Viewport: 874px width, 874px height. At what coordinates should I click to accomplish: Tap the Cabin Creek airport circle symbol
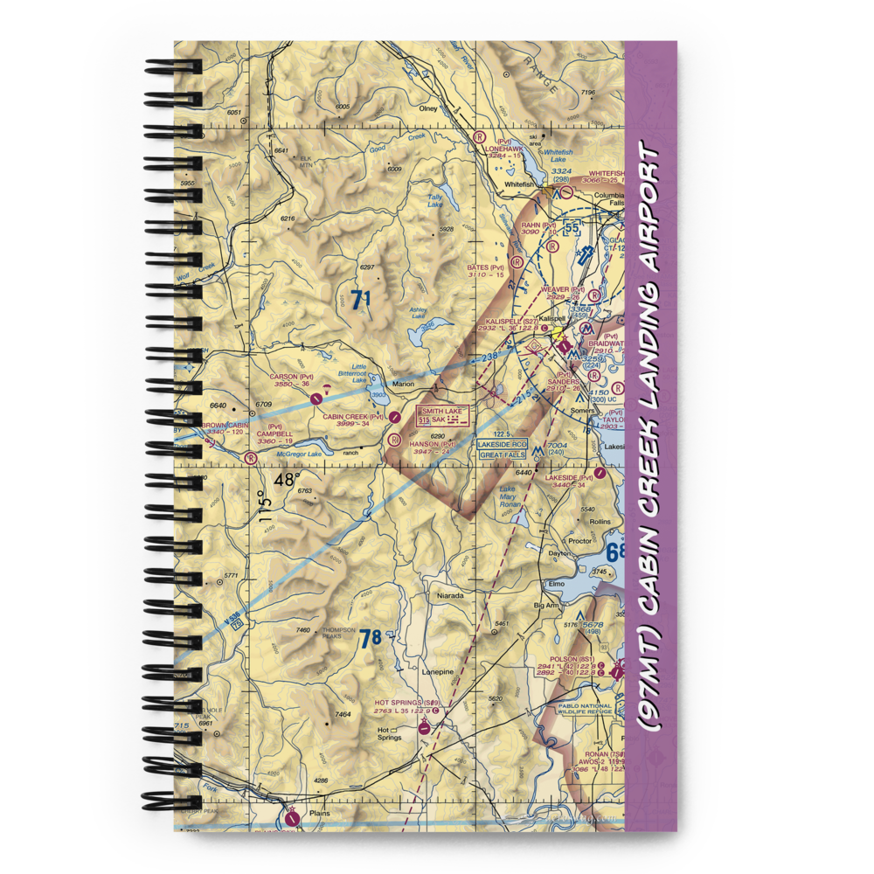[396, 418]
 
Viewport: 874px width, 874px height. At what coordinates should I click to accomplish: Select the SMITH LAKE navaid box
[444, 415]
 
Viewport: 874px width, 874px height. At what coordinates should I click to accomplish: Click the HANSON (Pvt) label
[433, 444]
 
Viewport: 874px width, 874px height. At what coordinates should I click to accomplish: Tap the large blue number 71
[361, 300]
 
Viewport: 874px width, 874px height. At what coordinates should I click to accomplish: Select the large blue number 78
[371, 639]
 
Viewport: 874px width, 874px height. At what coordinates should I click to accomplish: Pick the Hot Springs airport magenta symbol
[424, 726]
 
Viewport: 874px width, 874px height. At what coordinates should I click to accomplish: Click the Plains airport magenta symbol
[291, 818]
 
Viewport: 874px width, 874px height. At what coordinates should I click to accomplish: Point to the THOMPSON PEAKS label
[338, 634]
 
